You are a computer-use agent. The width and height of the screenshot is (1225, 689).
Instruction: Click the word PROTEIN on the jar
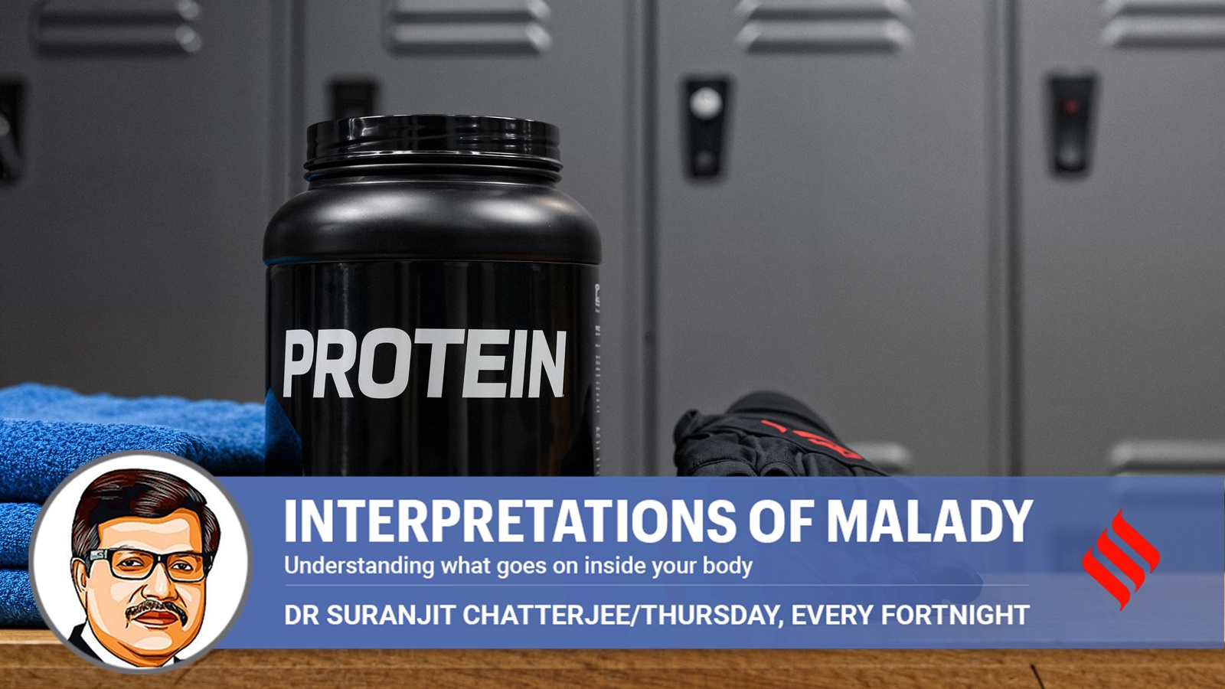tap(424, 364)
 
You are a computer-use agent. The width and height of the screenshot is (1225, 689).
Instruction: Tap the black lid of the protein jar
tap(433, 143)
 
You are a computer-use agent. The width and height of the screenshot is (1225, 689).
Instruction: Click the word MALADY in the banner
tap(929, 521)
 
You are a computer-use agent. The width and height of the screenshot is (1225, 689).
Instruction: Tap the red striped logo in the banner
tap(1121, 560)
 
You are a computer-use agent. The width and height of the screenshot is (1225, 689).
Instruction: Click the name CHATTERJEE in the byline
tap(548, 615)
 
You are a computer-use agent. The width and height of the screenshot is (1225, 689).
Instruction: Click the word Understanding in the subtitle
tap(359, 566)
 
